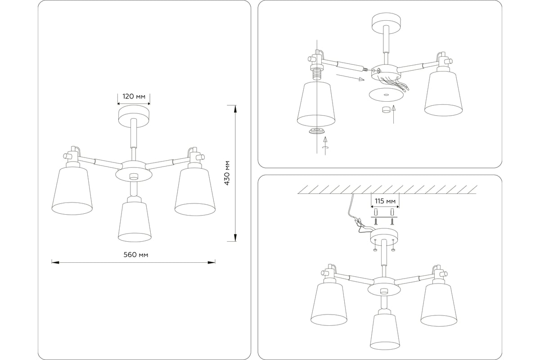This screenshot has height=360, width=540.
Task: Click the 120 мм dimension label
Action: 134,96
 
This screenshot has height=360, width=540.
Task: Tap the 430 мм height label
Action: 227,173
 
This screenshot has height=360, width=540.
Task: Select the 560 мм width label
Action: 136,255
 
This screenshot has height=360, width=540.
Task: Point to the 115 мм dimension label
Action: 385,201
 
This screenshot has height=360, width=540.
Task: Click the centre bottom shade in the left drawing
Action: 135,222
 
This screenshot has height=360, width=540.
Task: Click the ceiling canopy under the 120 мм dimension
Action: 134,117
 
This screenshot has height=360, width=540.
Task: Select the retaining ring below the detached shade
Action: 316,131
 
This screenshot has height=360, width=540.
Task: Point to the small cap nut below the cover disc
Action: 386,110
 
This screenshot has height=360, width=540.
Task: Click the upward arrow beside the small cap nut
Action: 393,114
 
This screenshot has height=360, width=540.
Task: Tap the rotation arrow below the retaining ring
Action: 325,146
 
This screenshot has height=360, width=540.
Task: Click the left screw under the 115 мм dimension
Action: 376,221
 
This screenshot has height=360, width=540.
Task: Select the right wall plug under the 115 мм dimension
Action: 392,212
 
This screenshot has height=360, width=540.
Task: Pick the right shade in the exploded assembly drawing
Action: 443,94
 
